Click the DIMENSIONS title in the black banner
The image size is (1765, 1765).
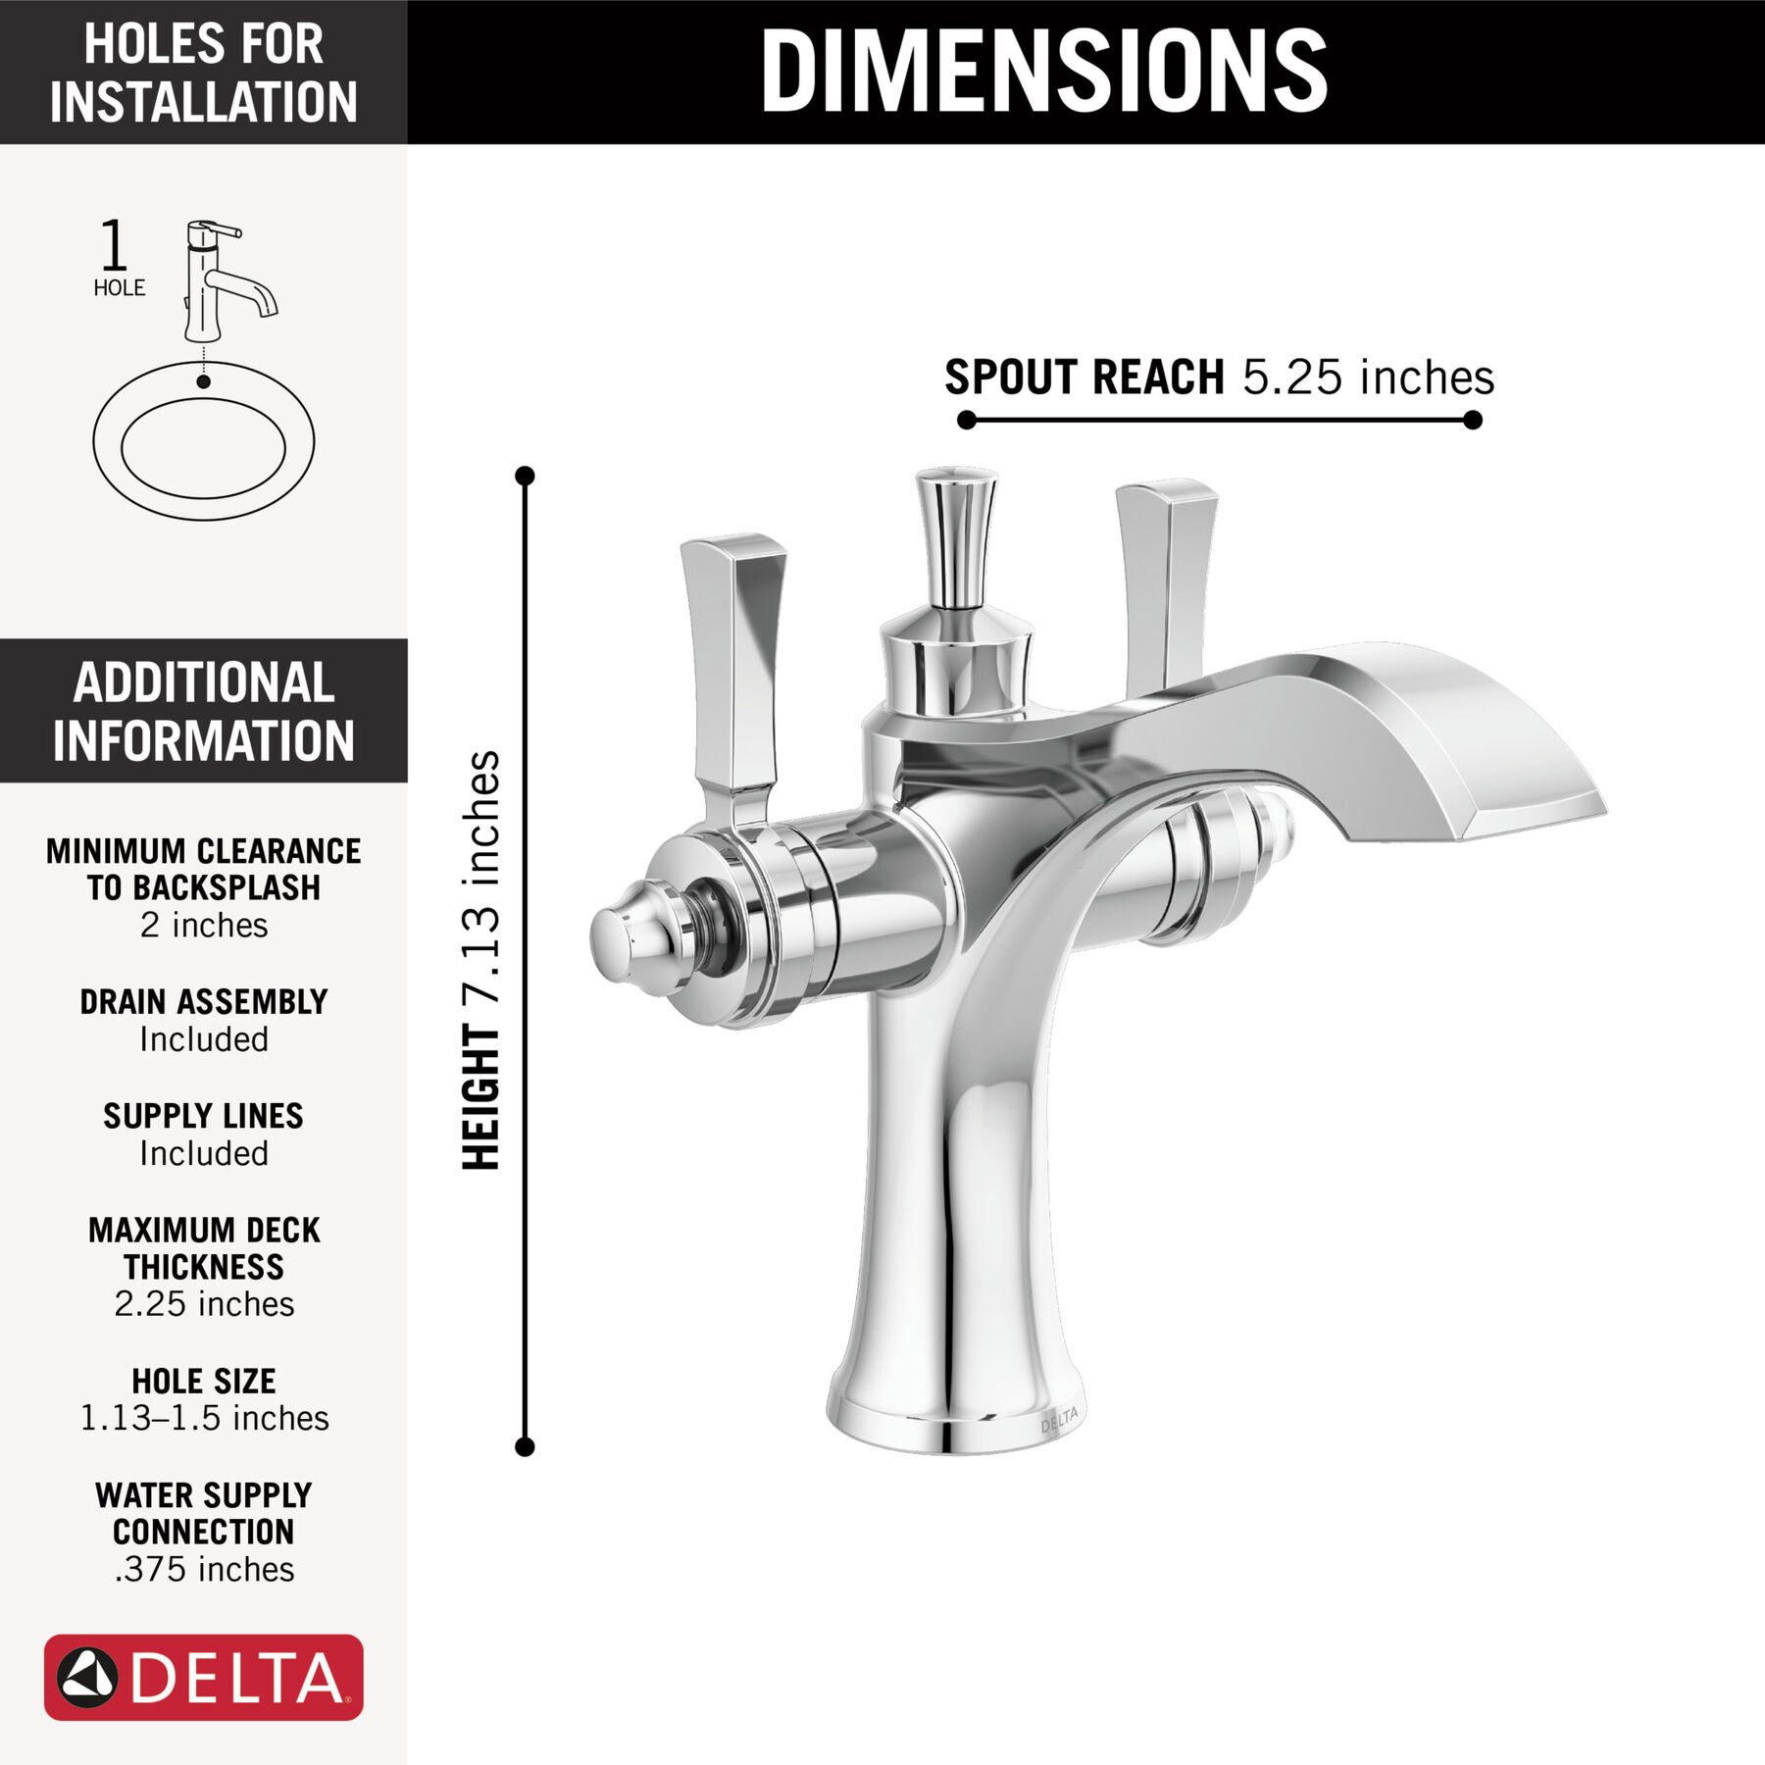(1043, 71)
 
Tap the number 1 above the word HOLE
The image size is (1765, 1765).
(114, 245)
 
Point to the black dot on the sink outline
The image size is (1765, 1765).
(203, 381)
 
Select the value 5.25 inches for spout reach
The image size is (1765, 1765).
(1368, 378)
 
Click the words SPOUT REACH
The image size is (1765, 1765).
(1084, 378)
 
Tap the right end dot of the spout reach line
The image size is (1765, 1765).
(1472, 421)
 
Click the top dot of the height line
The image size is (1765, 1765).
(525, 476)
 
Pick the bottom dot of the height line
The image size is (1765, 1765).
(525, 1446)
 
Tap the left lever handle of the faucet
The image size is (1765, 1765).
(733, 667)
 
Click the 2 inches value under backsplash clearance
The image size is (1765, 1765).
(204, 925)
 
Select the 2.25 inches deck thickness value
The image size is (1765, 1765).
(204, 1304)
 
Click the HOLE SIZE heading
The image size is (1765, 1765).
(204, 1381)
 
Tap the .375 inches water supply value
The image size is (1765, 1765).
(204, 1569)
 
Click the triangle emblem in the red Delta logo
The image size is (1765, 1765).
(88, 1677)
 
